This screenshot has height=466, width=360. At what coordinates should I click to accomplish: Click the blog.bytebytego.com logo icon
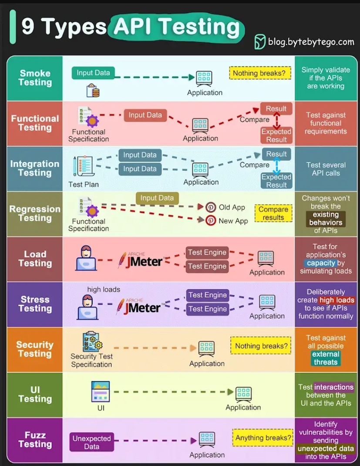[260, 42]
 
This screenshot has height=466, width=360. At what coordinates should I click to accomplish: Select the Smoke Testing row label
[35, 78]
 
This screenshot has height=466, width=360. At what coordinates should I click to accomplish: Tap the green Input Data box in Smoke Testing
[93, 73]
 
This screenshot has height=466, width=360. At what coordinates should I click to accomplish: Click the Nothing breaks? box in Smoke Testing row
[260, 73]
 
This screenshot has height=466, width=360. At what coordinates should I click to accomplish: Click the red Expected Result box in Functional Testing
[276, 135]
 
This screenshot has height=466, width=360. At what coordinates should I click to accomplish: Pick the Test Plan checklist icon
[83, 167]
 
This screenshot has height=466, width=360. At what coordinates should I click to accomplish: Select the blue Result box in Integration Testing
[276, 154]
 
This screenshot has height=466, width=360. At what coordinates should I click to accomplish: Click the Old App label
[232, 207]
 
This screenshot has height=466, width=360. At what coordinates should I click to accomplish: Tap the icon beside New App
[211, 220]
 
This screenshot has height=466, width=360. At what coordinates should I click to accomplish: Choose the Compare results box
[273, 213]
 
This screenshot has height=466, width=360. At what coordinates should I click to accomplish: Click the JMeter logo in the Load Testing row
[140, 260]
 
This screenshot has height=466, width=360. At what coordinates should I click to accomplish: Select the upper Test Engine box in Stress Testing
[207, 295]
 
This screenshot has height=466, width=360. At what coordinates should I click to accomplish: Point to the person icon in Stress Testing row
[87, 307]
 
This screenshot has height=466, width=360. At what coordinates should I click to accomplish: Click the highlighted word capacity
[321, 263]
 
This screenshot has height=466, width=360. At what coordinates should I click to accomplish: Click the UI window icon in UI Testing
[101, 392]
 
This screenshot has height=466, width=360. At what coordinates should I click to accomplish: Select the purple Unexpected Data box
[92, 442]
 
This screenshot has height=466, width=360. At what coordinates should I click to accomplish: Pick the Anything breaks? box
[263, 438]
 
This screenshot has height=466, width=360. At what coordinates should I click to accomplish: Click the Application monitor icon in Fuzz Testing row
[207, 439]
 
